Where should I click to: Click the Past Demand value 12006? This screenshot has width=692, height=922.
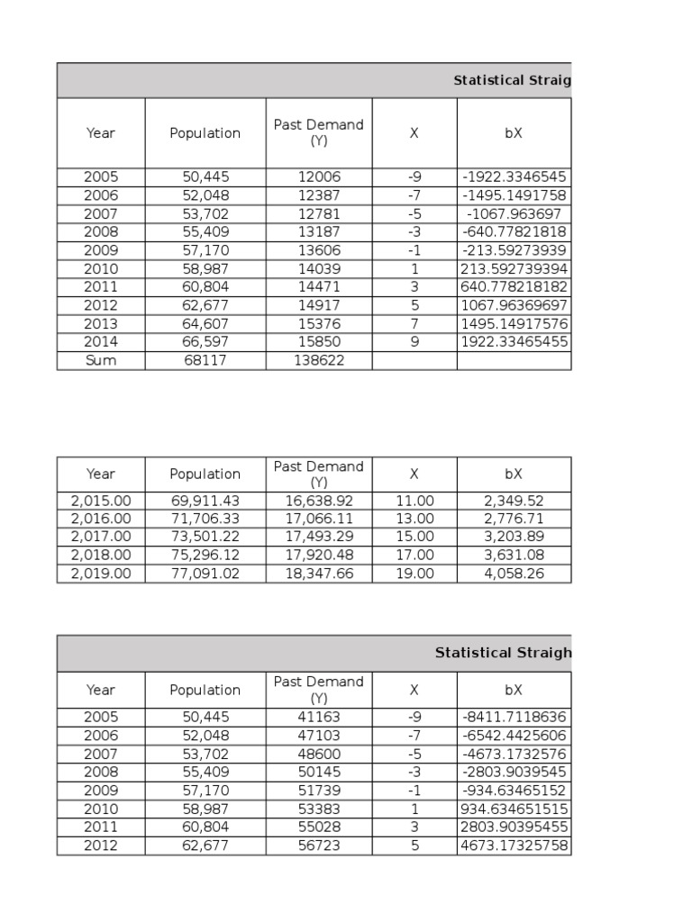pyautogui.click(x=319, y=177)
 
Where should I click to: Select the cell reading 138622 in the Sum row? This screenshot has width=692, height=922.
pyautogui.click(x=319, y=361)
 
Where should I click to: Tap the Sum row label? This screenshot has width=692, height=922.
pyautogui.click(x=101, y=361)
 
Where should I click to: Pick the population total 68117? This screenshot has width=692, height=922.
pyautogui.click(x=205, y=361)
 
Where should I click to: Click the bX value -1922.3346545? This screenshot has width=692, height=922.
pyautogui.click(x=514, y=177)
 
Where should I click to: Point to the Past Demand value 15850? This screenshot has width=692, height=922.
pyautogui.click(x=319, y=342)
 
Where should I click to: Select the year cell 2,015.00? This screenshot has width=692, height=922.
pyautogui.click(x=101, y=501)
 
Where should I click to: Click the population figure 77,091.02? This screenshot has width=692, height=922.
pyautogui.click(x=205, y=574)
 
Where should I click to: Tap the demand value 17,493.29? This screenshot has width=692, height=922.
pyautogui.click(x=319, y=537)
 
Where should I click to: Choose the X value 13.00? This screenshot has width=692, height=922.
pyautogui.click(x=414, y=519)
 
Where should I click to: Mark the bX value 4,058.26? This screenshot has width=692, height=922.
pyautogui.click(x=514, y=574)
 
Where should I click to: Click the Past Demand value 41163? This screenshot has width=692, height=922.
pyautogui.click(x=319, y=718)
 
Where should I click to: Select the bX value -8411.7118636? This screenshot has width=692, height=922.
pyautogui.click(x=514, y=718)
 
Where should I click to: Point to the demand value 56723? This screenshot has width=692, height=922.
pyautogui.click(x=319, y=846)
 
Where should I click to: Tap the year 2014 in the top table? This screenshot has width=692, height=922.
pyautogui.click(x=101, y=342)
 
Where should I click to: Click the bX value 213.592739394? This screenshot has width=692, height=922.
pyautogui.click(x=514, y=269)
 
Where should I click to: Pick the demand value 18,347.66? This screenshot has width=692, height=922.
pyautogui.click(x=319, y=574)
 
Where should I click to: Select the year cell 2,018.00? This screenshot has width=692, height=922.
pyautogui.click(x=101, y=556)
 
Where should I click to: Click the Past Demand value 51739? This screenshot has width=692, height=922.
pyautogui.click(x=319, y=791)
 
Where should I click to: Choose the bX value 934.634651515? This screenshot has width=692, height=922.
pyautogui.click(x=514, y=809)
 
